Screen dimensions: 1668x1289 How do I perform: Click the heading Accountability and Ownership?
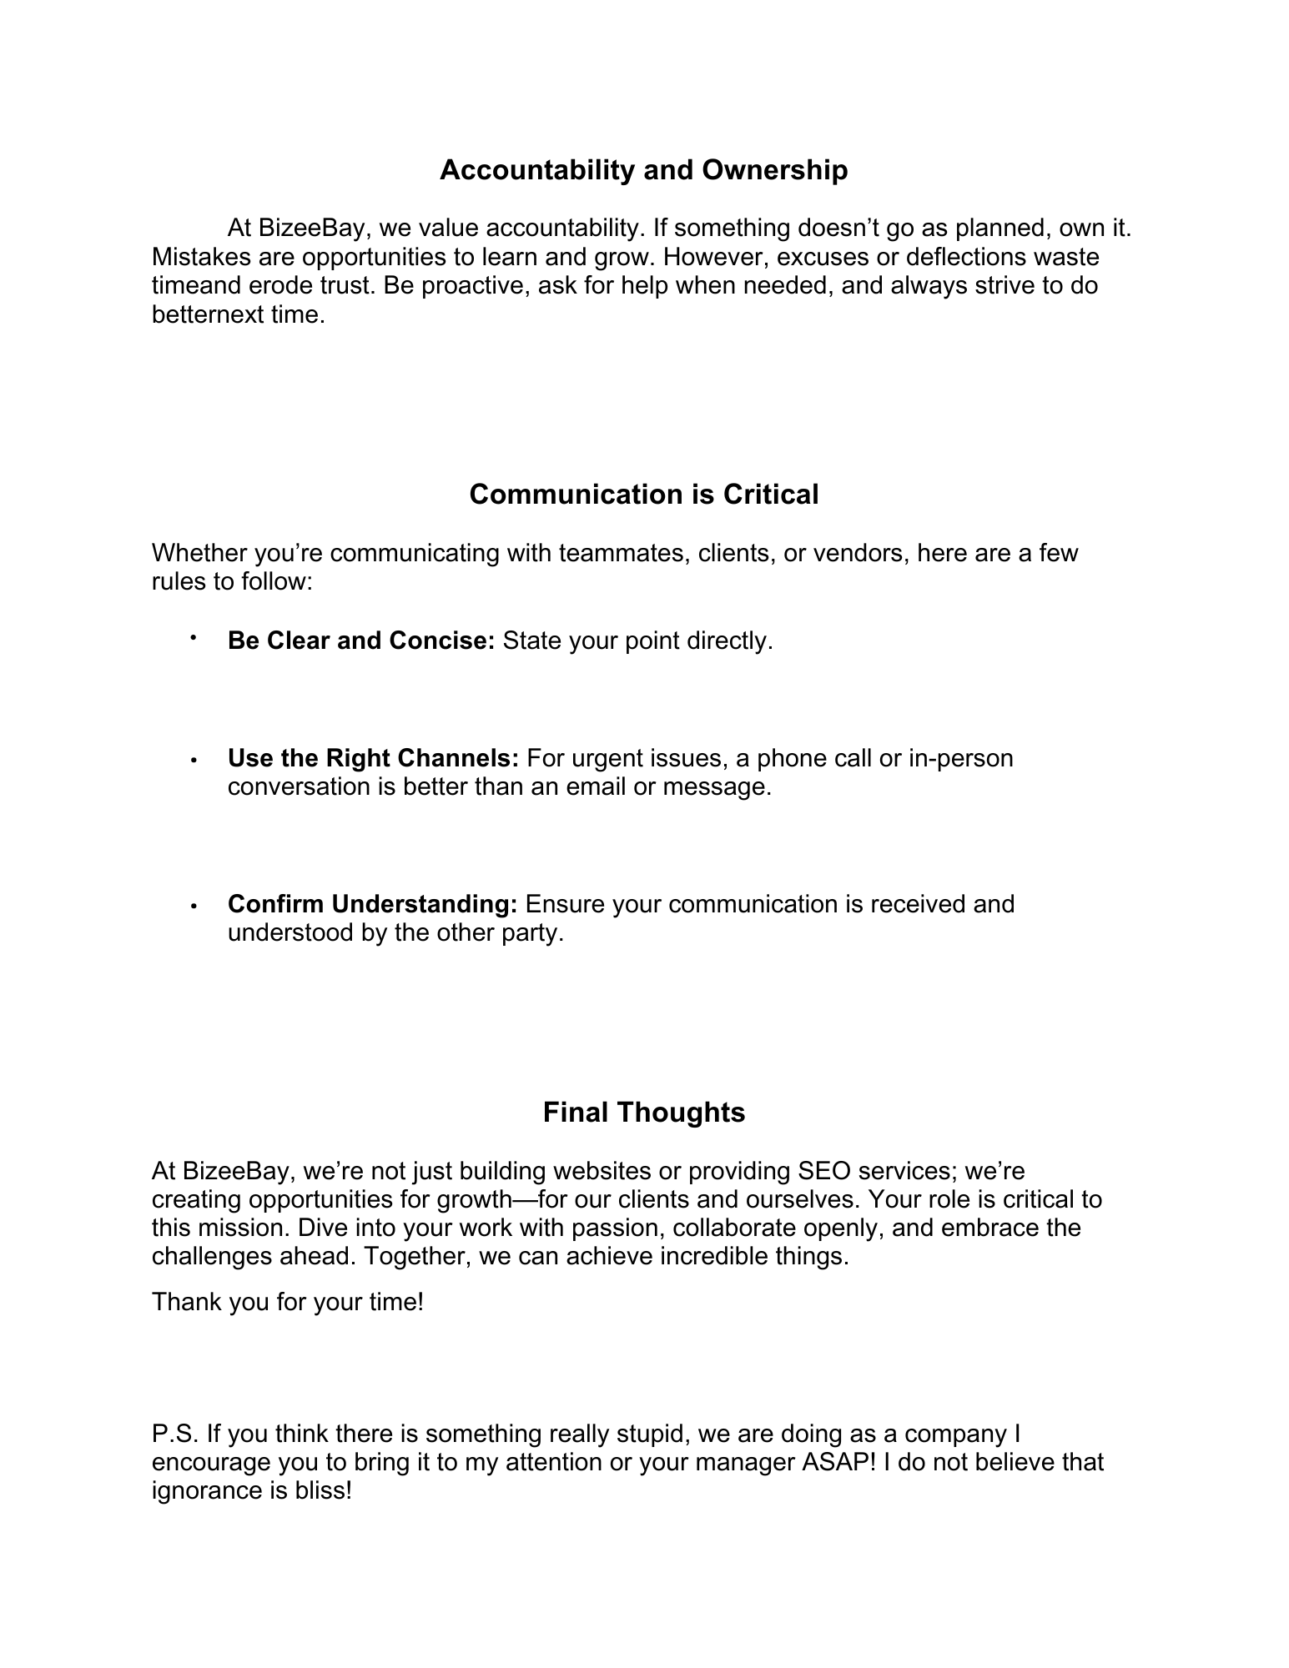[643, 170]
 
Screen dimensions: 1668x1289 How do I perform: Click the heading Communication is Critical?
[643, 495]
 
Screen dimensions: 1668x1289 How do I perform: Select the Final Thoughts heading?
[643, 1113]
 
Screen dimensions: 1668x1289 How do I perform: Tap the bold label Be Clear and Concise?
[361, 641]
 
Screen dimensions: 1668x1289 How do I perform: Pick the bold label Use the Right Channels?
[373, 758]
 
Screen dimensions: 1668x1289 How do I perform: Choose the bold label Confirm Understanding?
[372, 904]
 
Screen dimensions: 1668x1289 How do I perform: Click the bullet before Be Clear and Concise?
[193, 638]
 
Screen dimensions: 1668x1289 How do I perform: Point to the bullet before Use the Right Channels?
[193, 761]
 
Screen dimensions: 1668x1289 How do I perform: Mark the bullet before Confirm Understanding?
[193, 907]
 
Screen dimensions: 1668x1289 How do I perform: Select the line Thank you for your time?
[288, 1302]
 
